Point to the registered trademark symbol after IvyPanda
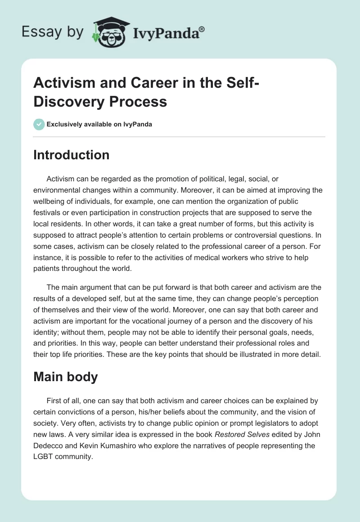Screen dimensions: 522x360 point(202,29)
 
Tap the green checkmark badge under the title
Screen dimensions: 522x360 point(39,124)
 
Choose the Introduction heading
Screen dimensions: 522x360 point(71,155)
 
